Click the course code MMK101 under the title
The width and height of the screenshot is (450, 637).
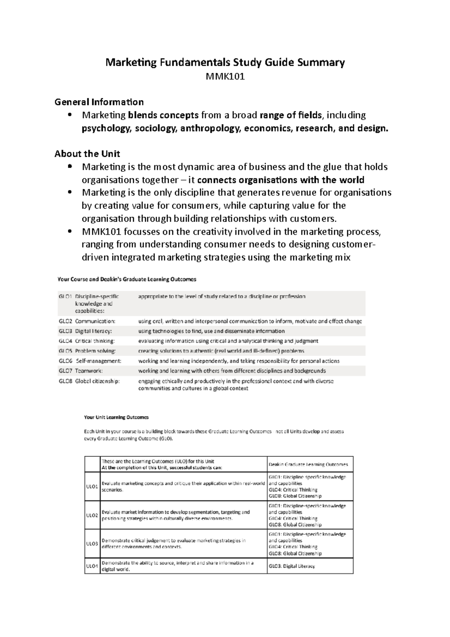[x=225, y=77]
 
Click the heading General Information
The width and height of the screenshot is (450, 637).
[x=99, y=102]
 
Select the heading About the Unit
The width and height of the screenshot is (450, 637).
[x=87, y=154]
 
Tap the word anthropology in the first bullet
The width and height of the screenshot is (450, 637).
[x=210, y=128]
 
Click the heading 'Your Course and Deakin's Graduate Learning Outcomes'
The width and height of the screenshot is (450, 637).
[x=127, y=279]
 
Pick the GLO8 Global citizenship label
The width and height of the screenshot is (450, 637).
[x=89, y=381]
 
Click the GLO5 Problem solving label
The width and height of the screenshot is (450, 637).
[x=87, y=351]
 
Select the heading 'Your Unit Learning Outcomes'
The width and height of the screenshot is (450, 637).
[x=116, y=417]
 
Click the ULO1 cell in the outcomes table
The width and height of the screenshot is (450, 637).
[x=92, y=486]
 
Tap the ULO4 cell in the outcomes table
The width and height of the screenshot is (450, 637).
[x=92, y=566]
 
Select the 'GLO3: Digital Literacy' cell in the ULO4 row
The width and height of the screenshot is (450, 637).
[x=292, y=566]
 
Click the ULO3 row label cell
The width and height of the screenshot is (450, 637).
[x=92, y=544]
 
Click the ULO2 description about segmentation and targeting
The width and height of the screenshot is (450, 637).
[x=175, y=515]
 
